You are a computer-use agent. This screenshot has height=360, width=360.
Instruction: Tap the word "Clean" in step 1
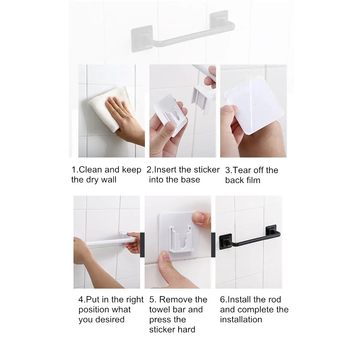(x=90, y=169)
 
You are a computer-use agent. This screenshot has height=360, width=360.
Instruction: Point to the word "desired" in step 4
(x=110, y=319)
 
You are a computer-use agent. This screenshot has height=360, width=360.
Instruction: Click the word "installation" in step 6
(x=241, y=319)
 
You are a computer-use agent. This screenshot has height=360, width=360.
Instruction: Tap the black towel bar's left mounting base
(x=225, y=241)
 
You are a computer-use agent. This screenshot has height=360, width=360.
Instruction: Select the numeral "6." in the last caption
(x=223, y=300)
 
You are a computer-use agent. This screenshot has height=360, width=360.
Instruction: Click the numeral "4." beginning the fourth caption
(x=82, y=300)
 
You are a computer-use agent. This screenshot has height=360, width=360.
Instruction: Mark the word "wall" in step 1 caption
(x=109, y=180)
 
